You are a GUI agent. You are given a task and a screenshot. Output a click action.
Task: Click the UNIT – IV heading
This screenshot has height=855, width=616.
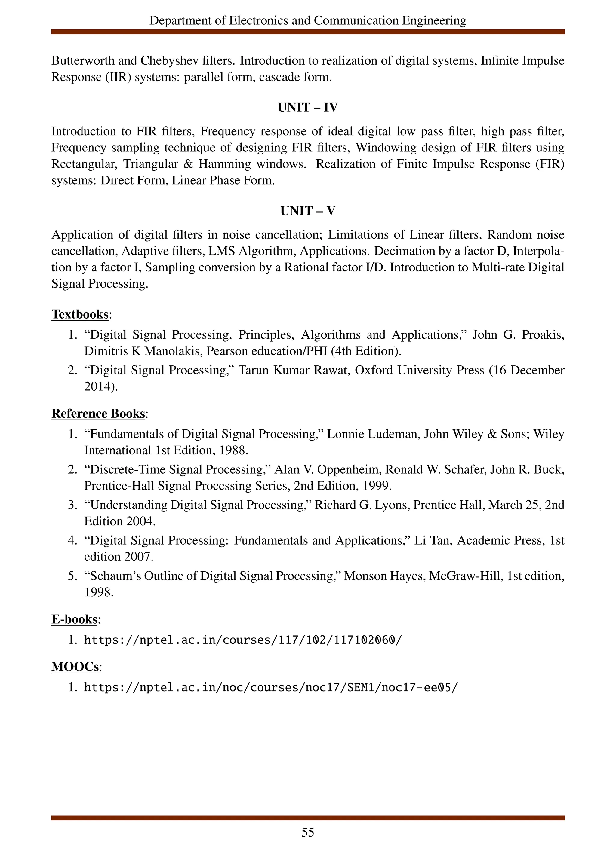[307, 108]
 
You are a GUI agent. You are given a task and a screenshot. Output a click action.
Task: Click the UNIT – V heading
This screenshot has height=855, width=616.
[307, 211]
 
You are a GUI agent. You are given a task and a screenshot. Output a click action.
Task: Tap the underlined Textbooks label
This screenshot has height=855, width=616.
[80, 314]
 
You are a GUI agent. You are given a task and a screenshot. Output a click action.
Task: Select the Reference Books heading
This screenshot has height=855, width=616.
[98, 414]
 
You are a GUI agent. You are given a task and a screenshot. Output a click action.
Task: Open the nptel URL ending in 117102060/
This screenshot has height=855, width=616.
[243, 640]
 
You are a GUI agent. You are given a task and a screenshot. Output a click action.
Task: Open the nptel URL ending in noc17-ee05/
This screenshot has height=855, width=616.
[270, 688]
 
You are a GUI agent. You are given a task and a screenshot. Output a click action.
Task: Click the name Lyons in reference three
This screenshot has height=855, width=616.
[391, 505]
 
